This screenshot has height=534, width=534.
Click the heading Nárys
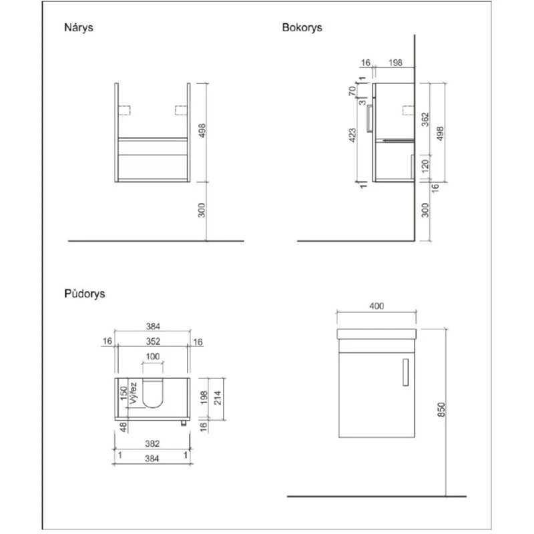click(78, 27)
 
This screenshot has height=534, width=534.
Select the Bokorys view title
click(302, 27)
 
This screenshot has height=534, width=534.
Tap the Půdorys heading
click(85, 294)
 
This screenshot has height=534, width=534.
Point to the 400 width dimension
click(376, 306)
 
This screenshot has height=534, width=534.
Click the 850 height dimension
click(441, 410)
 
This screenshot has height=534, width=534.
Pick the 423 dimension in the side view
click(352, 136)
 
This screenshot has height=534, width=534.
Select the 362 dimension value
click(425, 119)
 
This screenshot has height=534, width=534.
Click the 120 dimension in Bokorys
click(425, 166)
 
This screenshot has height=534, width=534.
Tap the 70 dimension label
click(352, 91)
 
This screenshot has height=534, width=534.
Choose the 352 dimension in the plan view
click(153, 341)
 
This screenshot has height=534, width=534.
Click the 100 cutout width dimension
click(153, 356)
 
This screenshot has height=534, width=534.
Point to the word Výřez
click(133, 393)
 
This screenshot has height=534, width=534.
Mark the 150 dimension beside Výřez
click(124, 393)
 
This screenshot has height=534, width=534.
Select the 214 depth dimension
click(218, 398)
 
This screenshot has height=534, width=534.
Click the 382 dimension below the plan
click(152, 443)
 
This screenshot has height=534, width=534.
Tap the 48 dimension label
click(123, 427)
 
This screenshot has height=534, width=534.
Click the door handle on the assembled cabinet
click(406, 372)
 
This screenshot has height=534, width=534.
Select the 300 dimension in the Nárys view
click(202, 210)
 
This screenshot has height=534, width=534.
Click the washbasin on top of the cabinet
click(376, 334)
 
